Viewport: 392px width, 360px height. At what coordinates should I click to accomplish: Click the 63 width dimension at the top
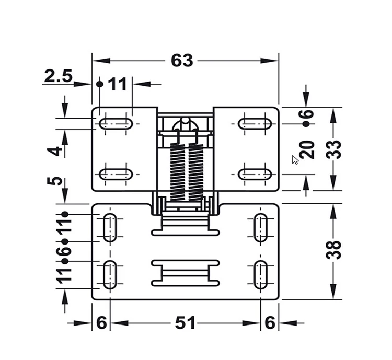[x=182, y=61]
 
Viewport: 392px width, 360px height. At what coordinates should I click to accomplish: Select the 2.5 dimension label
[x=58, y=76]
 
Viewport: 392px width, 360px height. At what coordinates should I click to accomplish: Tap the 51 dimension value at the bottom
[x=185, y=323]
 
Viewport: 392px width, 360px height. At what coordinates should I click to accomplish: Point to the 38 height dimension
[x=333, y=250]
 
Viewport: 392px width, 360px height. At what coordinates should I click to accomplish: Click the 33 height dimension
[x=333, y=149]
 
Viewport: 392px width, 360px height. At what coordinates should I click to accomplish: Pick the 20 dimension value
[x=307, y=150]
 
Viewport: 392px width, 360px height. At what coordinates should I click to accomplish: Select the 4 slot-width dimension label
[x=54, y=151]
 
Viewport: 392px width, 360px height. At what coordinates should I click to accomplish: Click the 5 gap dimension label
[x=54, y=181]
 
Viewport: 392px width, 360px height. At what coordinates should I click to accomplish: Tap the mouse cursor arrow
[x=295, y=160]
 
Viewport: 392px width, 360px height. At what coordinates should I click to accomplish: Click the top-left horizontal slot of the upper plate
[x=116, y=123]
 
